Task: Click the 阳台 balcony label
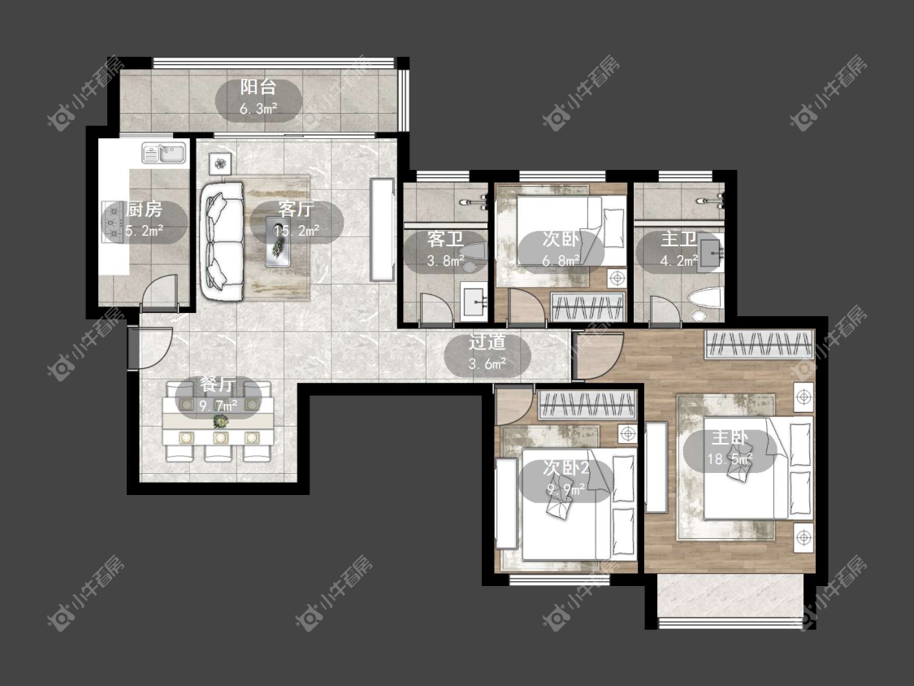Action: pos(258,88)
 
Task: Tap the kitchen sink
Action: pos(164,154)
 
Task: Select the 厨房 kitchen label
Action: pos(144,210)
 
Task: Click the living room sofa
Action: pos(222,241)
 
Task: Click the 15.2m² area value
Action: pos(297,231)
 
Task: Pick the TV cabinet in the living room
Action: pos(383,229)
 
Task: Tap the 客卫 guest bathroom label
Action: pos(445,239)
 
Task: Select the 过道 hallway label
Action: pos(487,342)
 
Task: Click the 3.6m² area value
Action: pos(487,365)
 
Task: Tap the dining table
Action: pos(219,420)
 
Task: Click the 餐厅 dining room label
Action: pos(218,384)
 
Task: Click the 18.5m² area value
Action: pos(730,459)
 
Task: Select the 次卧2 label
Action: pos(566,468)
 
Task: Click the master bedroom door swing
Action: pos(598,356)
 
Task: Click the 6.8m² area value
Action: pos(561,261)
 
